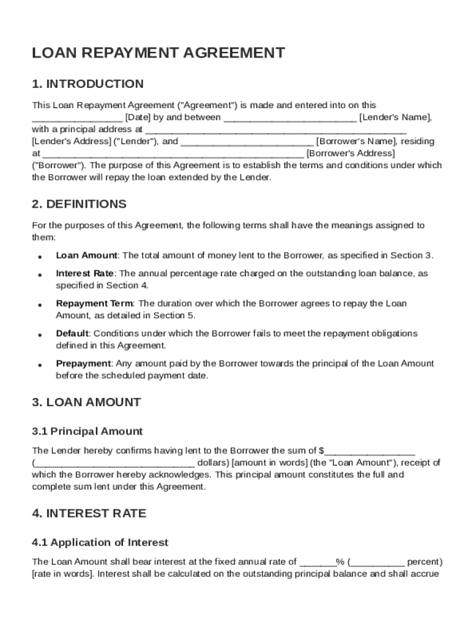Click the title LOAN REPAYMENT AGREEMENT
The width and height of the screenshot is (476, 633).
(158, 53)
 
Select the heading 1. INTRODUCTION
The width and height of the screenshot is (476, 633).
(88, 84)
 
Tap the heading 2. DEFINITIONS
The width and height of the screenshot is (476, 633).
(79, 204)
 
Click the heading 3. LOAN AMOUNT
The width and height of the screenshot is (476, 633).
(87, 402)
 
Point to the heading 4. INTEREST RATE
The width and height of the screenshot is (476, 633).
(89, 514)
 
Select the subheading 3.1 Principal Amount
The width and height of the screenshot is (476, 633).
(87, 431)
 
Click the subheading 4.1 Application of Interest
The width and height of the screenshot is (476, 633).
(100, 543)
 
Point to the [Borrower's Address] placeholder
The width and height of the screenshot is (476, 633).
(351, 153)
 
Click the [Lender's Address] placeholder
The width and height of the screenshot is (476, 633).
(72, 142)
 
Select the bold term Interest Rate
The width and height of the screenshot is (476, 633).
(85, 273)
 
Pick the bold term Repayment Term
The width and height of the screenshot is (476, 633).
(94, 304)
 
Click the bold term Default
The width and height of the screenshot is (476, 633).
(72, 334)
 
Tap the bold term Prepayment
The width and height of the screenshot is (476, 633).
(83, 364)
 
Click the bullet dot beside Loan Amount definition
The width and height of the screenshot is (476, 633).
(40, 257)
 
